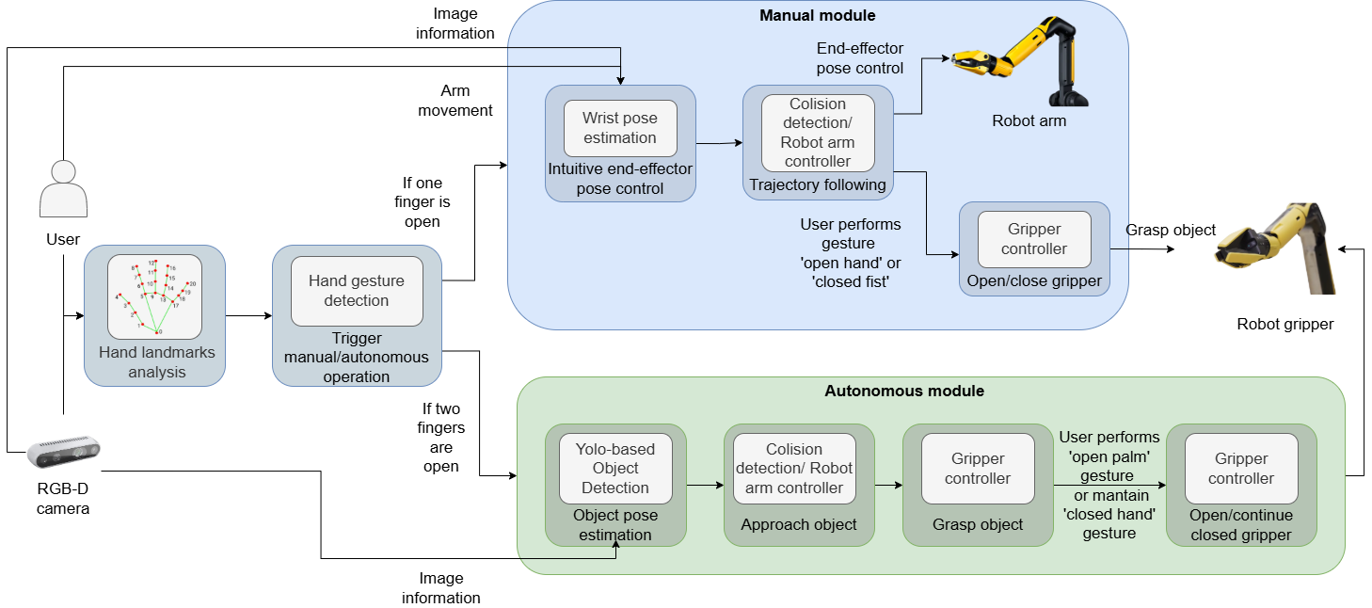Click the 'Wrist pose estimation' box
tap(620, 128)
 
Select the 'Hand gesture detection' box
tap(357, 291)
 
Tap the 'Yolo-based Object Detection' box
tap(615, 468)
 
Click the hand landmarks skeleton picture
tap(155, 296)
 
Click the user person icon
tap(63, 189)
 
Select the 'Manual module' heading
tap(817, 16)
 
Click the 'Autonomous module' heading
tap(903, 391)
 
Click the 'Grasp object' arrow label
tap(1171, 231)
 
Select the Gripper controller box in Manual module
tap(1034, 239)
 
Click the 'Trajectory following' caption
tap(817, 185)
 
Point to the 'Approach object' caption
tap(799, 524)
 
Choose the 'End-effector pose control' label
tap(859, 58)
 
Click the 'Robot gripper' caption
tap(1284, 325)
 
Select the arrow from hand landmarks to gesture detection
tap(248, 316)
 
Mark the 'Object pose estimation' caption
tap(615, 525)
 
